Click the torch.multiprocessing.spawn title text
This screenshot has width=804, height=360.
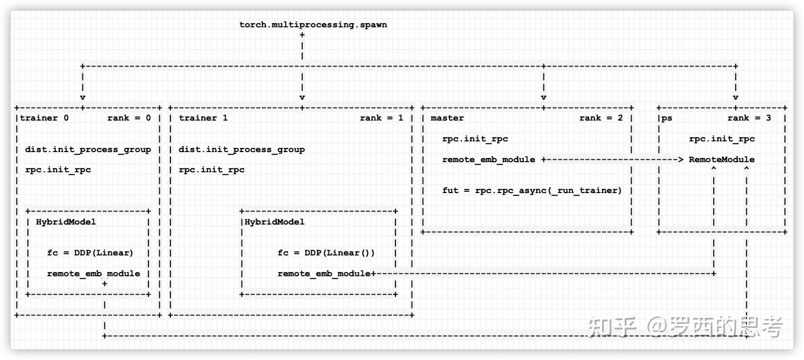[313, 24]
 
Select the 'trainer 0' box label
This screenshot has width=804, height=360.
[45, 118]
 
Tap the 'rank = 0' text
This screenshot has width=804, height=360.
[129, 118]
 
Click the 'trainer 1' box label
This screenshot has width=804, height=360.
[202, 118]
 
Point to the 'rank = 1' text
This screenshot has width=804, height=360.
[381, 118]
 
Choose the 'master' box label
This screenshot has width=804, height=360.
[447, 118]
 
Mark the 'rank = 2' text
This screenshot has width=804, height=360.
[601, 118]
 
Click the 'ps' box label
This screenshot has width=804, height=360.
[667, 118]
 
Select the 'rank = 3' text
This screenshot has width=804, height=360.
[749, 118]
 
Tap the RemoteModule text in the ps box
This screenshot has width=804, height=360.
[721, 159]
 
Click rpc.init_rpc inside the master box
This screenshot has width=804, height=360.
[475, 139]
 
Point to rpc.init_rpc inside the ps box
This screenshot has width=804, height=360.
[721, 139]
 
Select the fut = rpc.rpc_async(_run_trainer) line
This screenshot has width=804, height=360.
[532, 191]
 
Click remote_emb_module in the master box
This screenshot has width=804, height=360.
[489, 159]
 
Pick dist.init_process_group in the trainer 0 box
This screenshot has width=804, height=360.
[88, 149]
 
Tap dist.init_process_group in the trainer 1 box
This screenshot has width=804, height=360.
[242, 149]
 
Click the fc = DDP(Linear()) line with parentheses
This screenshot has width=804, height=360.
[326, 252]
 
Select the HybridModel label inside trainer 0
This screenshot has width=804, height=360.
[66, 222]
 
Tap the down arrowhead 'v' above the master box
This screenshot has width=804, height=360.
[543, 97]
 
